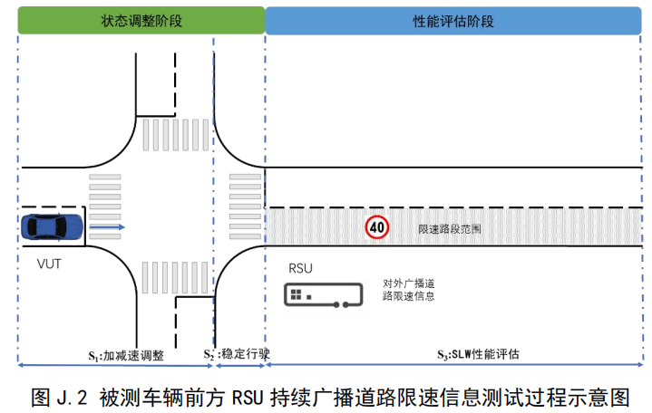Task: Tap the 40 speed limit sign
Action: pyautogui.click(x=377, y=226)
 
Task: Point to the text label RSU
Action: pyautogui.click(x=300, y=270)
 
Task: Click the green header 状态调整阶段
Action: pyautogui.click(x=141, y=20)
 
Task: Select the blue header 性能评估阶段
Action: pyautogui.click(x=459, y=20)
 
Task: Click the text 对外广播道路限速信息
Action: pyautogui.click(x=407, y=290)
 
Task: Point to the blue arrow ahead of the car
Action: pyautogui.click(x=107, y=226)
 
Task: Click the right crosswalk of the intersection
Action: pyautogui.click(x=245, y=208)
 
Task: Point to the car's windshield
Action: pyautogui.click(x=64, y=226)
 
